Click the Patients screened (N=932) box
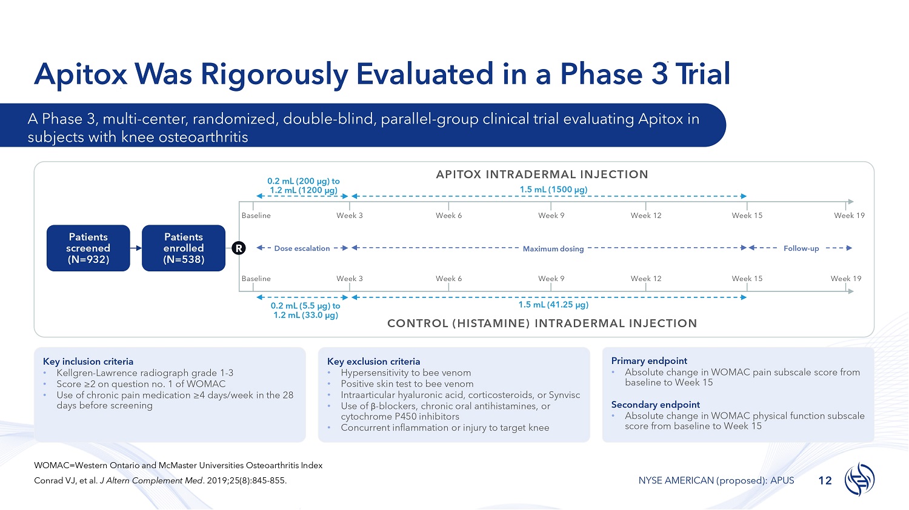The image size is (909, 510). (x=88, y=248)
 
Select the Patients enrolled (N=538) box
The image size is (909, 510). (x=184, y=248)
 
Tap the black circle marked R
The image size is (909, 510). (x=239, y=248)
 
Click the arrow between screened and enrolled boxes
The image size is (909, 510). (x=136, y=248)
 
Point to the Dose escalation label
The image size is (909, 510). (x=302, y=248)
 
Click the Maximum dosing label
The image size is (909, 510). (x=553, y=249)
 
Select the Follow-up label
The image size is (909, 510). (x=801, y=248)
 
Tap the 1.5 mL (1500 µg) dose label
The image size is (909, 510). (x=553, y=190)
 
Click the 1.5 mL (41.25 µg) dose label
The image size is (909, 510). (x=553, y=305)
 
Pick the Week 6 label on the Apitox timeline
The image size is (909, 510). (x=449, y=216)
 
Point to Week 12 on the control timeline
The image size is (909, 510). (x=646, y=279)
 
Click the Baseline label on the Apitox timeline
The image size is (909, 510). (x=256, y=216)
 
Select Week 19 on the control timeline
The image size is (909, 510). (x=846, y=279)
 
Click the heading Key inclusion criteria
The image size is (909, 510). (x=88, y=362)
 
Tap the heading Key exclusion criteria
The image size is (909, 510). (x=374, y=362)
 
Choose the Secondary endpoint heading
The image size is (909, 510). (x=656, y=405)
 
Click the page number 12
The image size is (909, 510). (x=825, y=481)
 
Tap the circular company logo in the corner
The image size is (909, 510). (x=859, y=479)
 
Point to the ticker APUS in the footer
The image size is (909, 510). (x=782, y=481)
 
